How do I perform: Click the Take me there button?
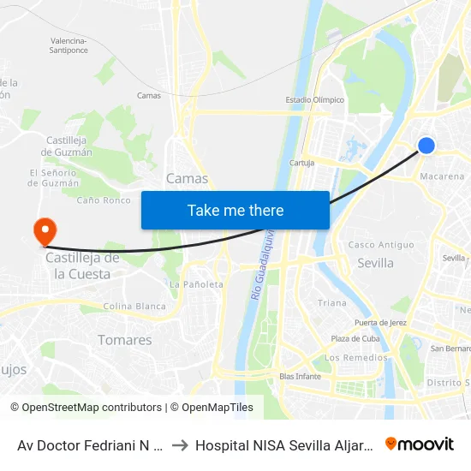pos(235,210)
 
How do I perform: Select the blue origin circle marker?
pos(426,146)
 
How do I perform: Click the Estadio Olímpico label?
pos(314,99)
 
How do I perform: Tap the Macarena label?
pos(442,176)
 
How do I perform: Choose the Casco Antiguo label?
pos(380,245)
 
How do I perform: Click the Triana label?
pos(332,303)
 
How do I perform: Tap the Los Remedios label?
pos(355,357)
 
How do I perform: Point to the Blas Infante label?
pos(300,376)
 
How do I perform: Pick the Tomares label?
pos(125,340)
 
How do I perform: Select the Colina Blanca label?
pos(134,306)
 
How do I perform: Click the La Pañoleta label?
pos(196,284)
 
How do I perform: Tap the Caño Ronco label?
pos(104,200)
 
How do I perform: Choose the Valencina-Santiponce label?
pos(69,45)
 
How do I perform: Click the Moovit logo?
pos(420,444)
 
